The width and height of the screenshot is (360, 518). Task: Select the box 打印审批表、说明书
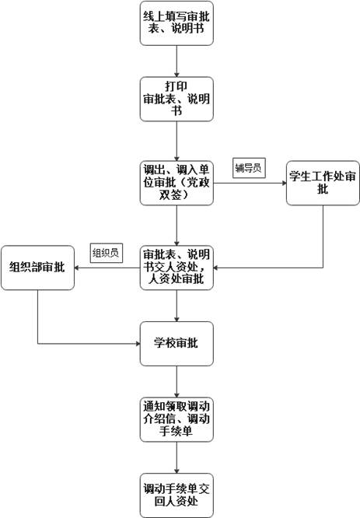177,99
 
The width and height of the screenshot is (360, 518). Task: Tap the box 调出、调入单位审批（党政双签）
177,183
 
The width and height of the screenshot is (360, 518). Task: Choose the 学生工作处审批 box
323,183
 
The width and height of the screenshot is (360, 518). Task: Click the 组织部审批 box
37,268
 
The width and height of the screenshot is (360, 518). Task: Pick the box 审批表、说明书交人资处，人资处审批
177,268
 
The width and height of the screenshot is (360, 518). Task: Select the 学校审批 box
177,343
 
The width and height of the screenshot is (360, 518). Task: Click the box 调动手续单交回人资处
177,494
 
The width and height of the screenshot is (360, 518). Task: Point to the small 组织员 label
105,252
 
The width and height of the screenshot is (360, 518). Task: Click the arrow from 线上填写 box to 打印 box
177,61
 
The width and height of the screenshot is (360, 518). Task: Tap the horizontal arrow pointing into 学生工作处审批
249,184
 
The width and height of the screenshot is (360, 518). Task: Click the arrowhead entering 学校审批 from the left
137,343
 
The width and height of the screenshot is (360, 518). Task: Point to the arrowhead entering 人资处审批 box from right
218,268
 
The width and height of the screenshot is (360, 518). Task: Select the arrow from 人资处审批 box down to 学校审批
177,305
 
